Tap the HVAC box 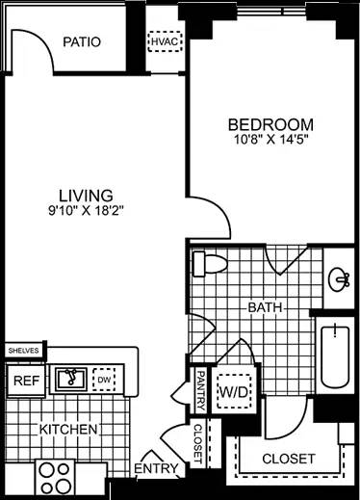(x=160, y=43)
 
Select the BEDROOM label (x=270, y=124)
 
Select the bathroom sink (x=338, y=279)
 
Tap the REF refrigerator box (x=24, y=381)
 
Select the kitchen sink (x=69, y=379)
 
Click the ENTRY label (x=155, y=469)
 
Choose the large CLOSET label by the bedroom (x=288, y=460)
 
